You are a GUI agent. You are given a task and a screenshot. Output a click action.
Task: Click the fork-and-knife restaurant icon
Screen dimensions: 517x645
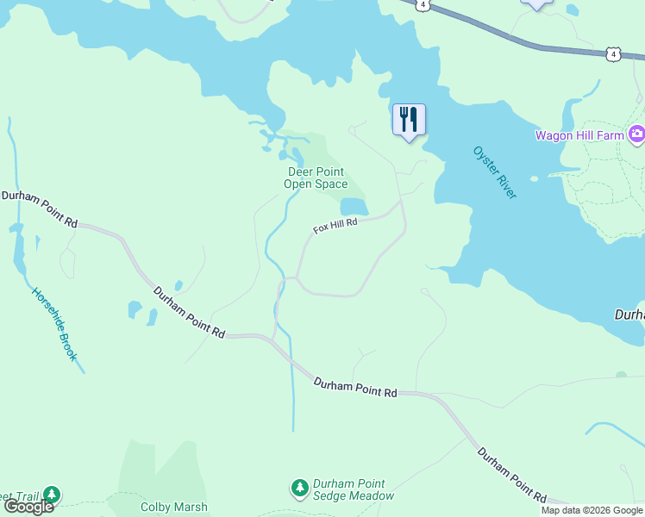(x=409, y=120)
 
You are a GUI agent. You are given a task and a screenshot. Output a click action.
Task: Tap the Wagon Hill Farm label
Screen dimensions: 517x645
(x=580, y=135)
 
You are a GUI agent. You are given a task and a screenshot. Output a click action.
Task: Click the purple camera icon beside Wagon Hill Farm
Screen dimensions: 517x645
(x=636, y=134)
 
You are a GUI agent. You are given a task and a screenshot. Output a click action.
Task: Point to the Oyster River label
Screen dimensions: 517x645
(x=495, y=172)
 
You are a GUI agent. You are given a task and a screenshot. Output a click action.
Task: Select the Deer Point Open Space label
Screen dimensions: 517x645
(x=317, y=178)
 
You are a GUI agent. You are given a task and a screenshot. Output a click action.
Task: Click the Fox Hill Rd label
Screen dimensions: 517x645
(x=335, y=226)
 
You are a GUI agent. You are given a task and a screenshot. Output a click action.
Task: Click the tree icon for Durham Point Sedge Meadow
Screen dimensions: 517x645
(x=300, y=489)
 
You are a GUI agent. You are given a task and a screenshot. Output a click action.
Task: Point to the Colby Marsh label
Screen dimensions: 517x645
(x=174, y=508)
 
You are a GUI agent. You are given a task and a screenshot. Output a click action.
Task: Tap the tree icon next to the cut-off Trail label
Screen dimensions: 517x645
(x=53, y=495)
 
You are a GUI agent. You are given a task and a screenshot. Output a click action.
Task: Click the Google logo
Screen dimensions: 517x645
(x=28, y=507)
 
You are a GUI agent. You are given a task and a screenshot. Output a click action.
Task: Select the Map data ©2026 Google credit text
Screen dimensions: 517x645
(x=592, y=510)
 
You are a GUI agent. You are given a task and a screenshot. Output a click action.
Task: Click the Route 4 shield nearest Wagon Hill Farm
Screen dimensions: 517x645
(x=611, y=54)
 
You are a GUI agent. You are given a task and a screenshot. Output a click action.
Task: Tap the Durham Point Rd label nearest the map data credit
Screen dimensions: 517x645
(x=512, y=476)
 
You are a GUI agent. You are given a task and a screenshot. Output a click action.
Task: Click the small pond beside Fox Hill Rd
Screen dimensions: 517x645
(x=354, y=207)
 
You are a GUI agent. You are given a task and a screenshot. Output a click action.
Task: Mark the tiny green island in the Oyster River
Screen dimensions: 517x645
(x=534, y=179)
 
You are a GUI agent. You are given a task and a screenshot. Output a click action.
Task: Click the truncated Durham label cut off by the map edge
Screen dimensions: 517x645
(x=629, y=315)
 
